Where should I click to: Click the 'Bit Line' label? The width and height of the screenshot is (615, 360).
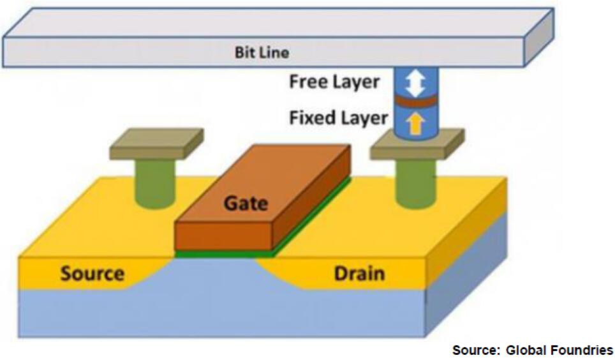click(262, 52)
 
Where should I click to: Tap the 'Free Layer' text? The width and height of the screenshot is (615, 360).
click(334, 82)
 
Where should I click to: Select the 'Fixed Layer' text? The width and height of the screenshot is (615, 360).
click(338, 118)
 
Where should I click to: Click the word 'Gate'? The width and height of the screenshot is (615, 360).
click(245, 204)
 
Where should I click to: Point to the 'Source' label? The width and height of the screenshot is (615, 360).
click(93, 274)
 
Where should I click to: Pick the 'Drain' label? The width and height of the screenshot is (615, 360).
click(359, 274)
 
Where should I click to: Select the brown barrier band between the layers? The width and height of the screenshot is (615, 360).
click(415, 101)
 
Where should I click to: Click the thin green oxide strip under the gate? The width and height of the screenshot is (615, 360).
click(223, 253)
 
